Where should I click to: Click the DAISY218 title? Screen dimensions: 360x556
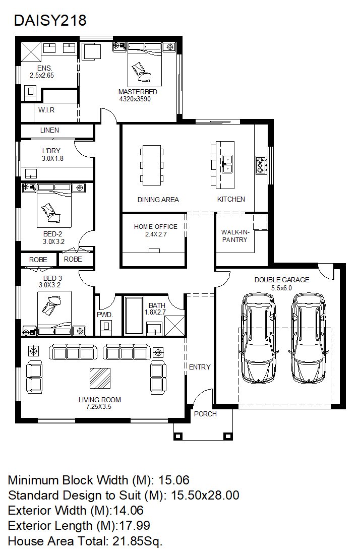pos(50,21)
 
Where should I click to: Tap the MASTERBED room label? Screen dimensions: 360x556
pos(138,92)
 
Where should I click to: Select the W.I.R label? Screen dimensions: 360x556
pos(46,110)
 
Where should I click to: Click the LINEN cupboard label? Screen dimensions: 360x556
pos(49,130)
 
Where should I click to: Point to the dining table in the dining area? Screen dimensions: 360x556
pos(152,165)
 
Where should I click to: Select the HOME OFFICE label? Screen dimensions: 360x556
pos(156,227)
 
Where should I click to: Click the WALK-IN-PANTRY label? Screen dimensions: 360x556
pos(235,236)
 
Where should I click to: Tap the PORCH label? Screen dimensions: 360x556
pos(205,414)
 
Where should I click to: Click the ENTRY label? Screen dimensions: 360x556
pos(200,367)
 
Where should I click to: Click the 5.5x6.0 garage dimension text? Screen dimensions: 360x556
pos(282,288)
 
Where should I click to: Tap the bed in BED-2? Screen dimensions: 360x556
pos(54,206)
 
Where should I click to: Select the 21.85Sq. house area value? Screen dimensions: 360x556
pos(138,541)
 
